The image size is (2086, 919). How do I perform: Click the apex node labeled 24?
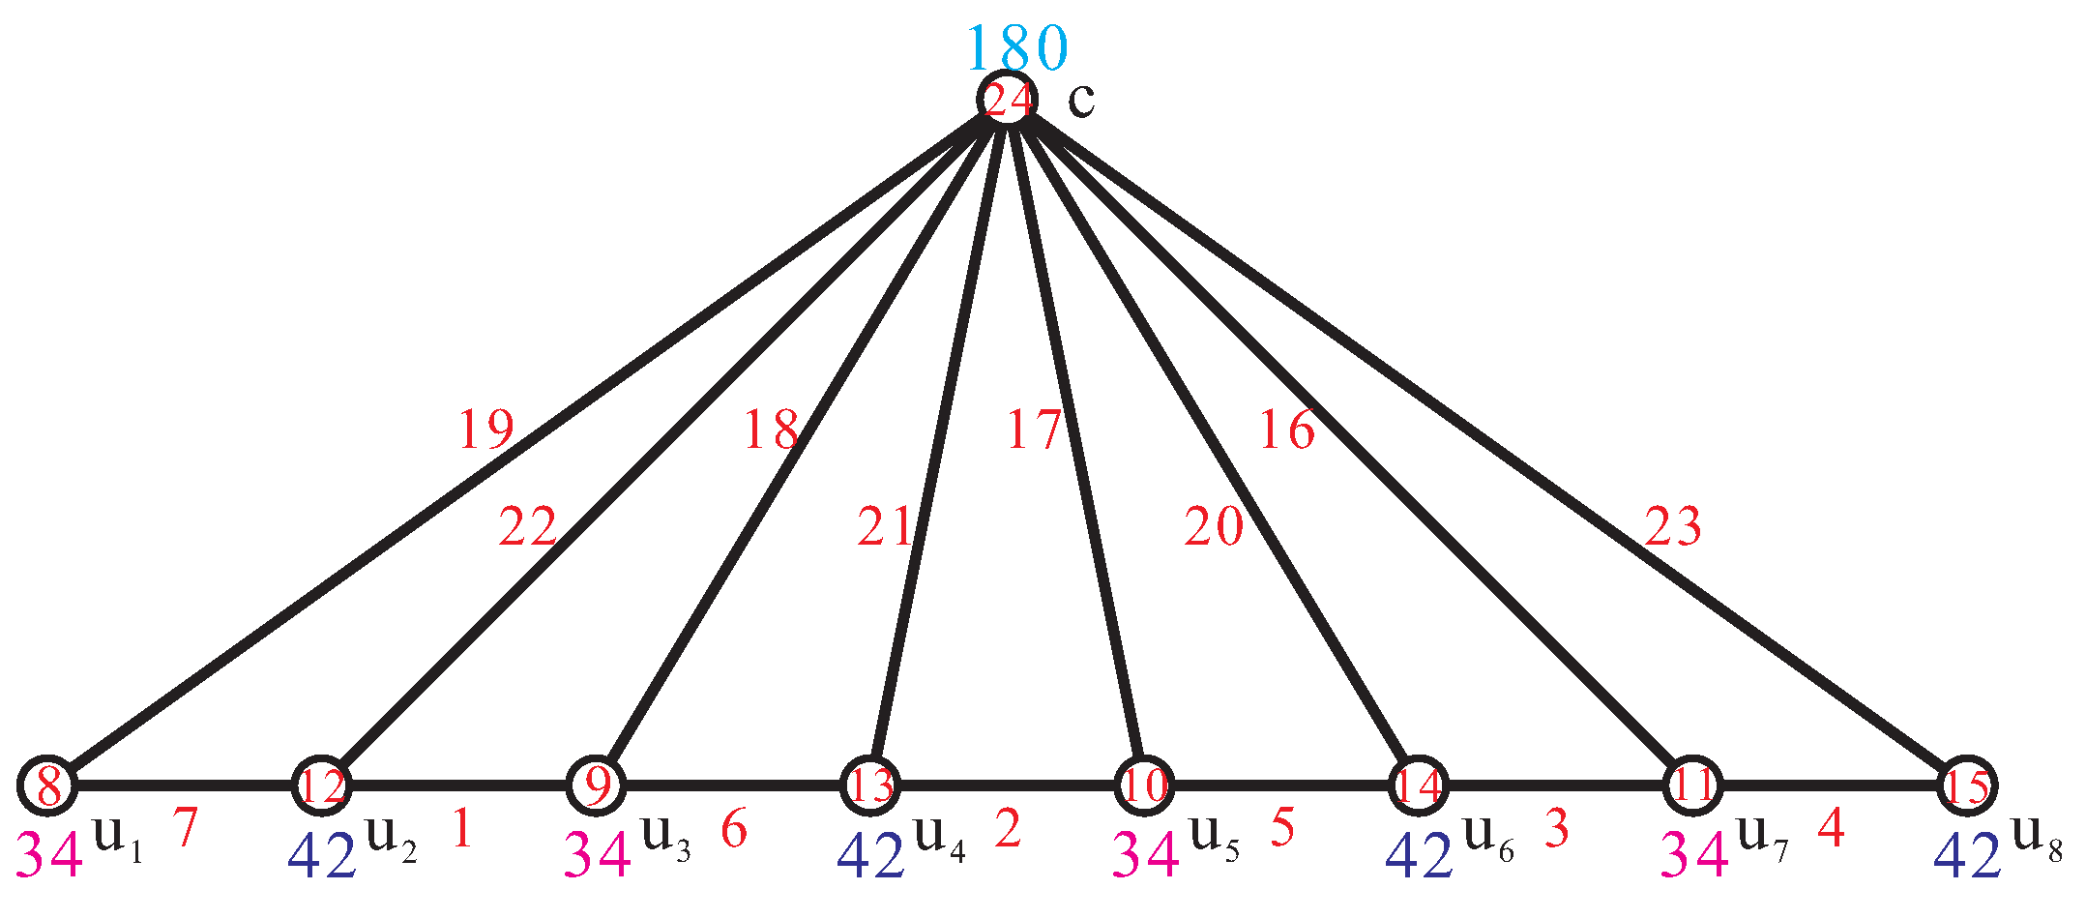point(1007,100)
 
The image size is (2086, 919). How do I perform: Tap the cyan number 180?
point(1016,46)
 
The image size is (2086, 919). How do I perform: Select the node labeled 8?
point(47,786)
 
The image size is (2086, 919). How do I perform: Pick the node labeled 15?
point(1967,786)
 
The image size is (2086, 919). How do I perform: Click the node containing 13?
point(870,786)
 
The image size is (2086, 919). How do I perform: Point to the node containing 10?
point(1144,786)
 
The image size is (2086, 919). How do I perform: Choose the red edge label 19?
point(485,430)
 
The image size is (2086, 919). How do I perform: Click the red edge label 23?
point(1672,527)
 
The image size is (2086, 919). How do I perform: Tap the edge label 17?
point(1034,430)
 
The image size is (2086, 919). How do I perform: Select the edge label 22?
point(528,527)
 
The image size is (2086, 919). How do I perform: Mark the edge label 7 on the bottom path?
point(185,827)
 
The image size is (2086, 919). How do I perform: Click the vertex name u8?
point(2037,838)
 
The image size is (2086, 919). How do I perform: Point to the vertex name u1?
point(117,838)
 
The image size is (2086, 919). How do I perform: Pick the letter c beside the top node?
point(1081,101)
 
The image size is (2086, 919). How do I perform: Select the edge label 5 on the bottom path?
point(1282,827)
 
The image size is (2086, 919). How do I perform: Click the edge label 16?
point(1287,430)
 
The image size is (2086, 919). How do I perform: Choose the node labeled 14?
point(1419,786)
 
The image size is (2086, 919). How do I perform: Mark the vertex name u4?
point(939,838)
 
